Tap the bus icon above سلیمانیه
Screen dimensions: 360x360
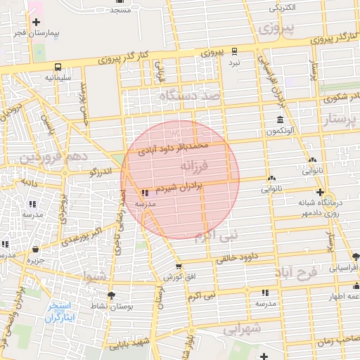tap(55, 67)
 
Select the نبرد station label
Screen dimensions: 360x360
tap(233, 63)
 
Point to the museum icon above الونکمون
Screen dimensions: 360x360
tap(280, 120)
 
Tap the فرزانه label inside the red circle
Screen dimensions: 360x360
tap(196, 167)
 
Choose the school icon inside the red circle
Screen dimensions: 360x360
tap(145, 193)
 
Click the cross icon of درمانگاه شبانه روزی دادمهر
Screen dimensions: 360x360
tap(320, 192)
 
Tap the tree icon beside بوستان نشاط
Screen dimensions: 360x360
tap(111, 295)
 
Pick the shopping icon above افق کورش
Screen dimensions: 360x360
tap(178, 266)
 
